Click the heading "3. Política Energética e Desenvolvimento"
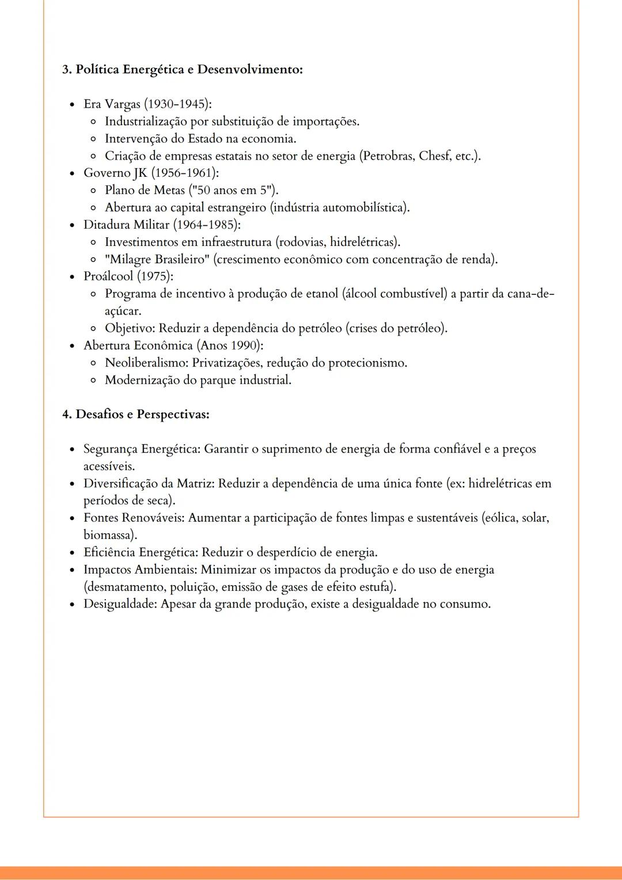coord(182,70)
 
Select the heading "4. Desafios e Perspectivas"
coord(136,415)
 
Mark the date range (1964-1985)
coord(207,225)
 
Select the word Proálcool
coord(108,276)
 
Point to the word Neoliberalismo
coord(146,363)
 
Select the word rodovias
coord(302,242)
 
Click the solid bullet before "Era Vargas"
coord(71,105)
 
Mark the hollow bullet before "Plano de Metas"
coord(93,191)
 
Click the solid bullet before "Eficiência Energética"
coord(71,553)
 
